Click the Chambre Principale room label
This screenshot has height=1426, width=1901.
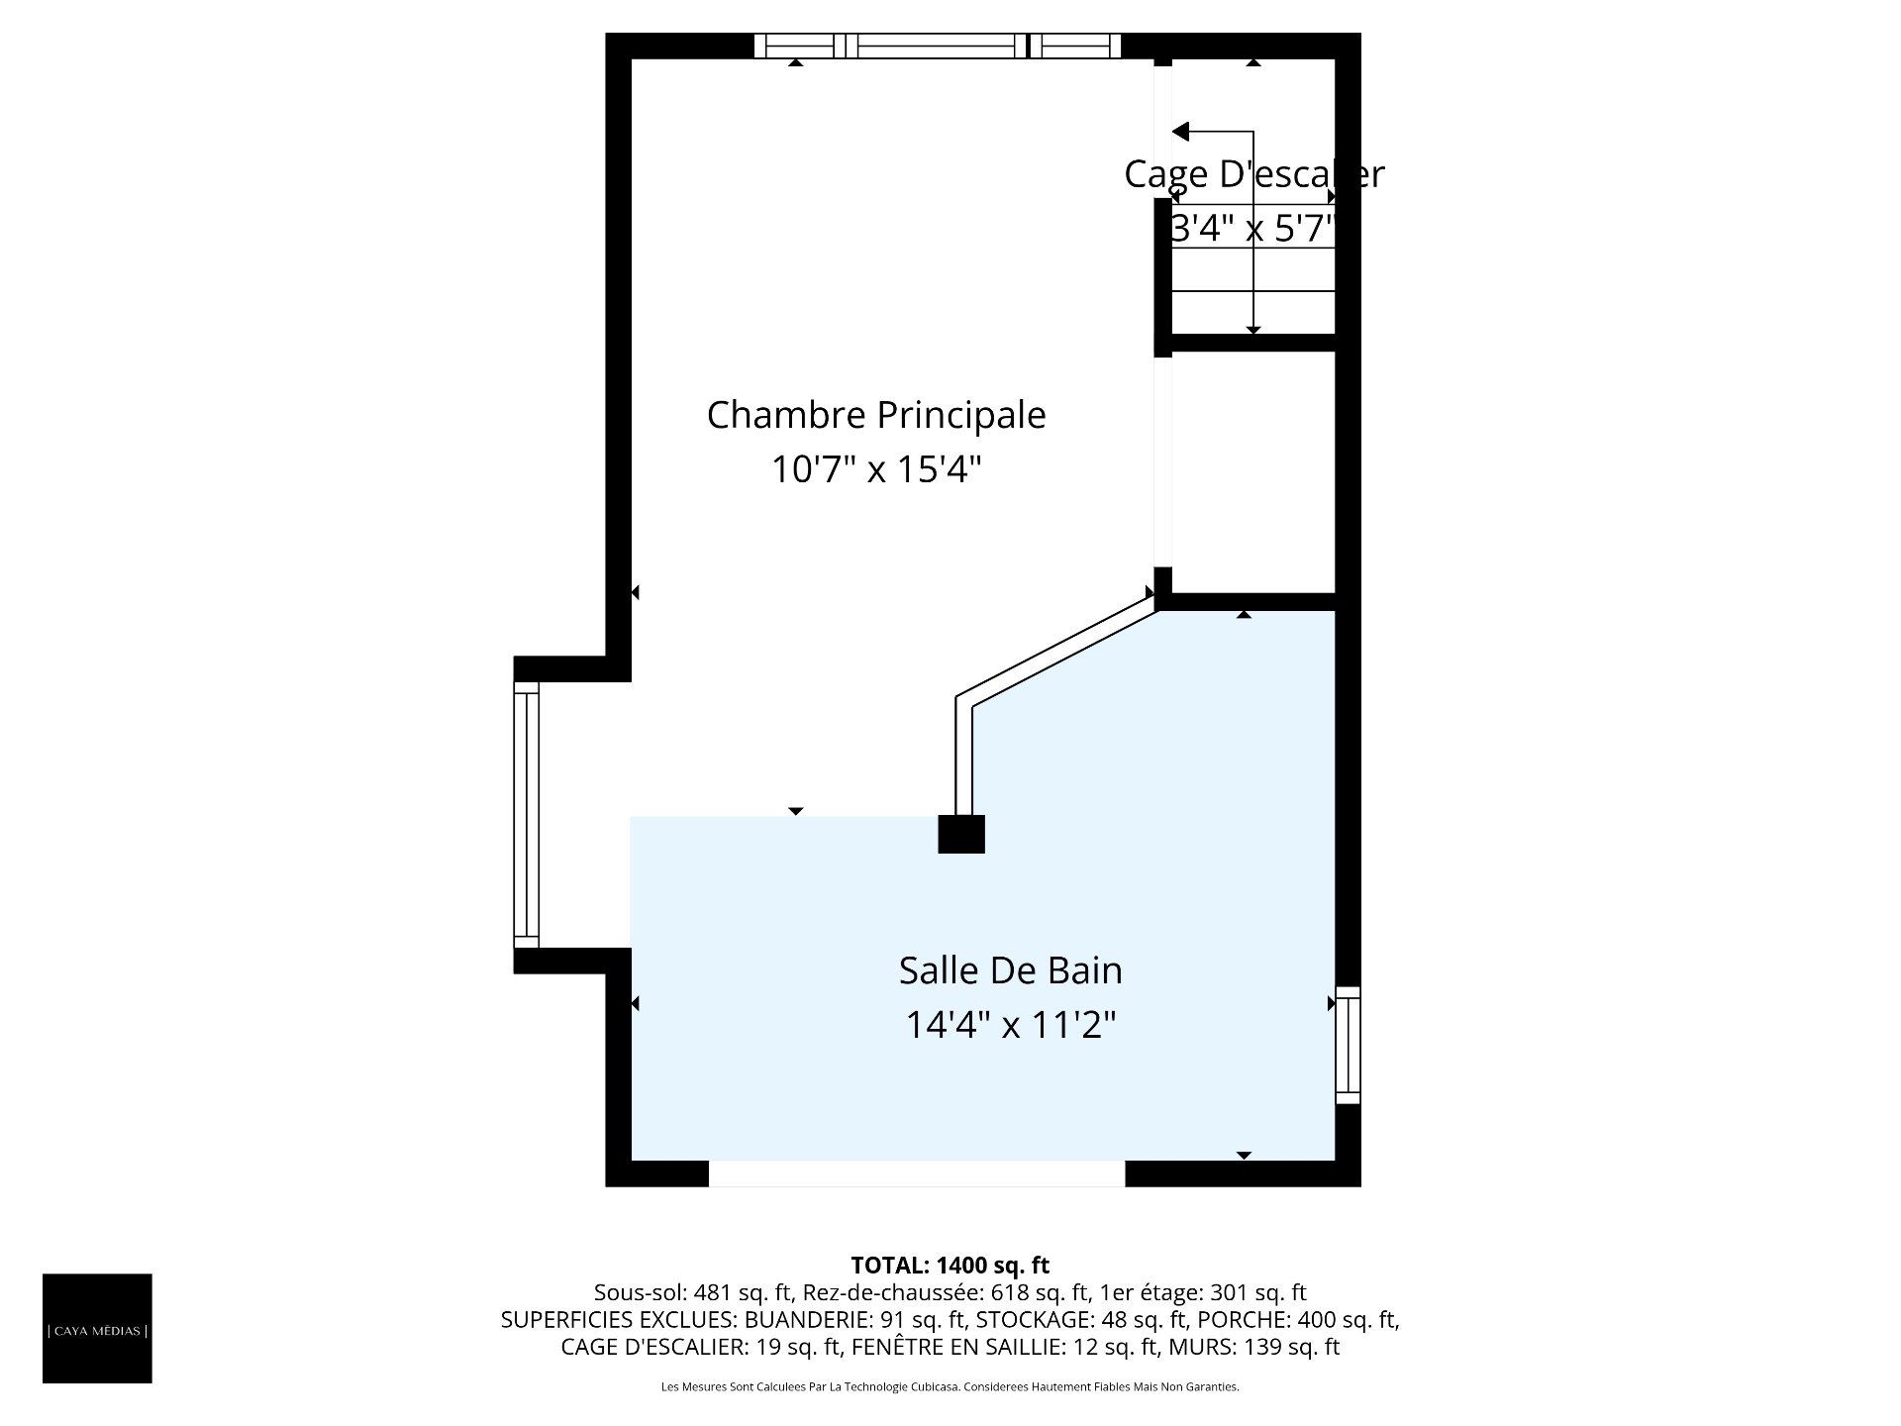click(x=876, y=416)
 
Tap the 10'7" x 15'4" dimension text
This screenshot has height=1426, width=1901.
click(x=876, y=469)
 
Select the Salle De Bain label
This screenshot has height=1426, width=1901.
click(x=1011, y=970)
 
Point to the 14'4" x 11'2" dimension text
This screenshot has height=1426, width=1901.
click(x=1011, y=1025)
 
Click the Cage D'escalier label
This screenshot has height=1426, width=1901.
click(x=1253, y=174)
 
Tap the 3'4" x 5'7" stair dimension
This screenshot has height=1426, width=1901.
click(x=1253, y=229)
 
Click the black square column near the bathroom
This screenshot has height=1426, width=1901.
click(x=961, y=834)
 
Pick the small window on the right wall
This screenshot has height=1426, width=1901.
click(x=1348, y=1045)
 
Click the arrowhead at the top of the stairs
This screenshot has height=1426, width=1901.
click(x=1180, y=132)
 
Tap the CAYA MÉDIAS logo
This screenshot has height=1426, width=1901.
click(x=97, y=1328)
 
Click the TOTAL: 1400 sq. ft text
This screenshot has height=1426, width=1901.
click(x=950, y=1265)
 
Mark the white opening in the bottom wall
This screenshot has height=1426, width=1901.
click(x=917, y=1173)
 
